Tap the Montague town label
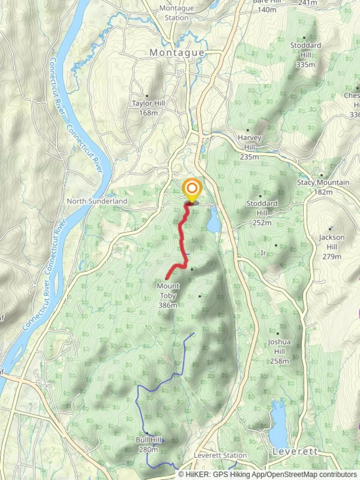[x=177, y=52]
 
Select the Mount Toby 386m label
[x=168, y=295]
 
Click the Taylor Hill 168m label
[x=148, y=108]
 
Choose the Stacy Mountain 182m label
[x=323, y=187]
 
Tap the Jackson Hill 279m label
[x=332, y=247]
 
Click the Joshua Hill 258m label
[x=279, y=351]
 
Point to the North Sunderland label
[x=97, y=201]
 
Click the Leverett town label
[x=295, y=452]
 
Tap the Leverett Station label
[x=220, y=455]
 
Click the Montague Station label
[x=176, y=13]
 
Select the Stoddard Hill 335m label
[x=305, y=55]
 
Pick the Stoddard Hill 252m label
[x=262, y=212]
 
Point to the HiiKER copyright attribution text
[x=268, y=475]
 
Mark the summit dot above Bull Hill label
[x=146, y=433]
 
